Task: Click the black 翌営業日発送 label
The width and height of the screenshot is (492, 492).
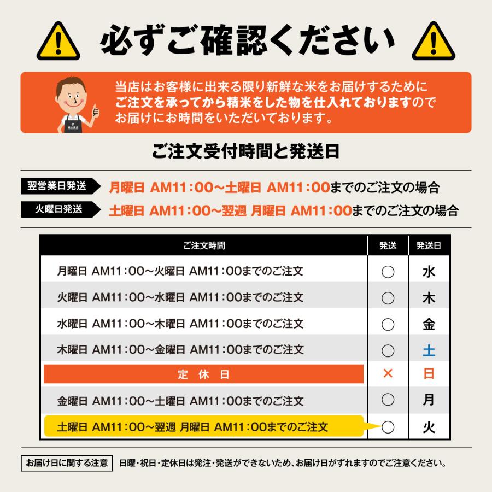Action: point(57,186)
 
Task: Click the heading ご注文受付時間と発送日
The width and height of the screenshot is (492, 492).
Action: point(245,151)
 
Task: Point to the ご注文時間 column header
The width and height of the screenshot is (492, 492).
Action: point(203,246)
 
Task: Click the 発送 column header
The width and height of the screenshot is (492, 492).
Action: point(388,246)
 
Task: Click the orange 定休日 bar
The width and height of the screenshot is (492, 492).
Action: point(203,374)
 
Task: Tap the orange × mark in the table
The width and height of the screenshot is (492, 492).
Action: point(388,374)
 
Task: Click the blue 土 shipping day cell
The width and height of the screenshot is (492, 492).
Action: point(429,349)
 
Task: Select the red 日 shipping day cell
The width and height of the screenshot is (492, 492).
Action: point(429,374)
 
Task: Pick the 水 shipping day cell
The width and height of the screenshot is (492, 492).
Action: point(429,272)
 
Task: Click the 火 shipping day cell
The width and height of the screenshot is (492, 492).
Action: point(429,427)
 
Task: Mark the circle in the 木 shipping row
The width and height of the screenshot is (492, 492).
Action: point(388,298)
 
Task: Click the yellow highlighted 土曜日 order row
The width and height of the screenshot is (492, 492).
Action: point(203,427)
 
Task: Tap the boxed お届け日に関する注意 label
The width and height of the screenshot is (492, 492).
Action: point(67,464)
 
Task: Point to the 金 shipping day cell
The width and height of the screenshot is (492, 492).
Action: point(429,324)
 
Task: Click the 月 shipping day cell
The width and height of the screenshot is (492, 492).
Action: point(429,400)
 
